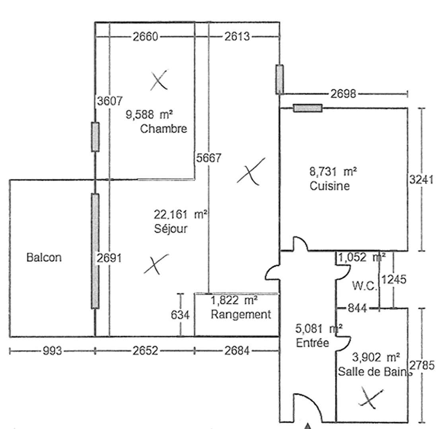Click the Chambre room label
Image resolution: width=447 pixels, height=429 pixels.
[163, 129]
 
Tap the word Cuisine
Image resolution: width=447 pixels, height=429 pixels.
[330, 186]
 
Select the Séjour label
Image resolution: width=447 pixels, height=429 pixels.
[170, 229]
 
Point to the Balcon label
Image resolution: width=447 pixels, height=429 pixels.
[44, 257]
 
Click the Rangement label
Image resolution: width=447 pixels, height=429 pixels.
[241, 314]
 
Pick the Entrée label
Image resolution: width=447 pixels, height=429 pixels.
[312, 343]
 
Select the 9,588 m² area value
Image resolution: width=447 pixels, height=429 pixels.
[149, 115]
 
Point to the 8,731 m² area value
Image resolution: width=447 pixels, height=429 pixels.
[333, 172]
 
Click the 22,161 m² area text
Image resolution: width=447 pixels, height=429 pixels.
[181, 215]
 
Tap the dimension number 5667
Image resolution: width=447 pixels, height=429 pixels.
[208, 158]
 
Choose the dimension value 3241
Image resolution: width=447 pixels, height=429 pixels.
[422, 179]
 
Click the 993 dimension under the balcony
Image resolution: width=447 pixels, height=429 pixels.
[52, 351]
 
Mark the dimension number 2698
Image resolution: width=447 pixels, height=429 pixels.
[344, 94]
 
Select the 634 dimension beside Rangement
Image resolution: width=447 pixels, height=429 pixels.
[180, 315]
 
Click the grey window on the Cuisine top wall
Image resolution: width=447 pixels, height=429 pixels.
[307, 108]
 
